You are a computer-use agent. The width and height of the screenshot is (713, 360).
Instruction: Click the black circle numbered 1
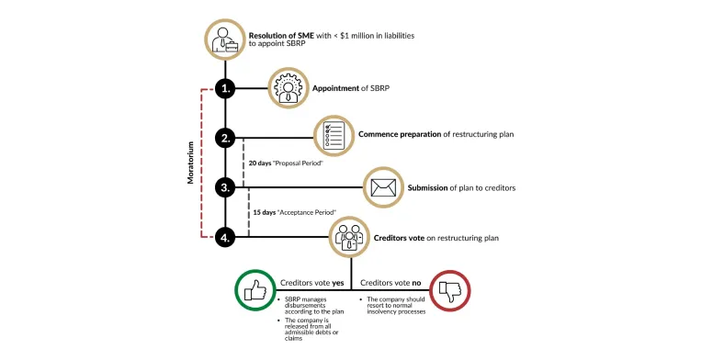coord(225,89)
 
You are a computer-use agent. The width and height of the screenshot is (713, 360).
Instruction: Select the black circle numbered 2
coord(225,139)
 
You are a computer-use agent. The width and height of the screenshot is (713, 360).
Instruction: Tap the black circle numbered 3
coord(225,187)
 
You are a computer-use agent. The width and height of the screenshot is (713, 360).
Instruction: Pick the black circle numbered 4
coord(225,237)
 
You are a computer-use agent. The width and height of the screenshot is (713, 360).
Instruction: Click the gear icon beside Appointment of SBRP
coord(288,89)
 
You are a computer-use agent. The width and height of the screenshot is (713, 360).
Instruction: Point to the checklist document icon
coord(335,136)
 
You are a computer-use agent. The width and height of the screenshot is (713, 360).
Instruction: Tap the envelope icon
coord(385,187)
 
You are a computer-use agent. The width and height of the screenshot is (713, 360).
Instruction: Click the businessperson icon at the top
coord(225,39)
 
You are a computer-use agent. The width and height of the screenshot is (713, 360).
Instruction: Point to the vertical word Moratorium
coord(191,163)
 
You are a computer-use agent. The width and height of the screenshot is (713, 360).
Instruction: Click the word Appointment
coord(334,89)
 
